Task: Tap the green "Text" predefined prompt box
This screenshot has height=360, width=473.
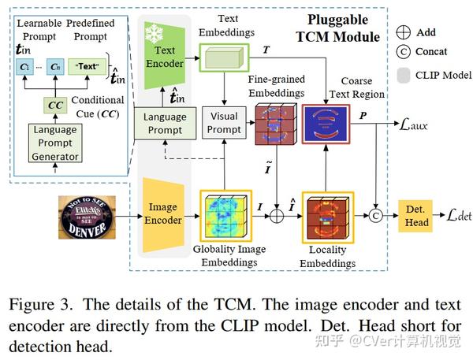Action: point(88,67)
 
